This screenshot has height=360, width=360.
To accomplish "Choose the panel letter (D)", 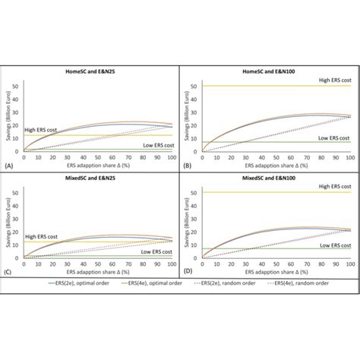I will pyautogui.click(x=185, y=272).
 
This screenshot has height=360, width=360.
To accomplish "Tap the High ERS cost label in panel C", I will pyautogui.click(x=42, y=237).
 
